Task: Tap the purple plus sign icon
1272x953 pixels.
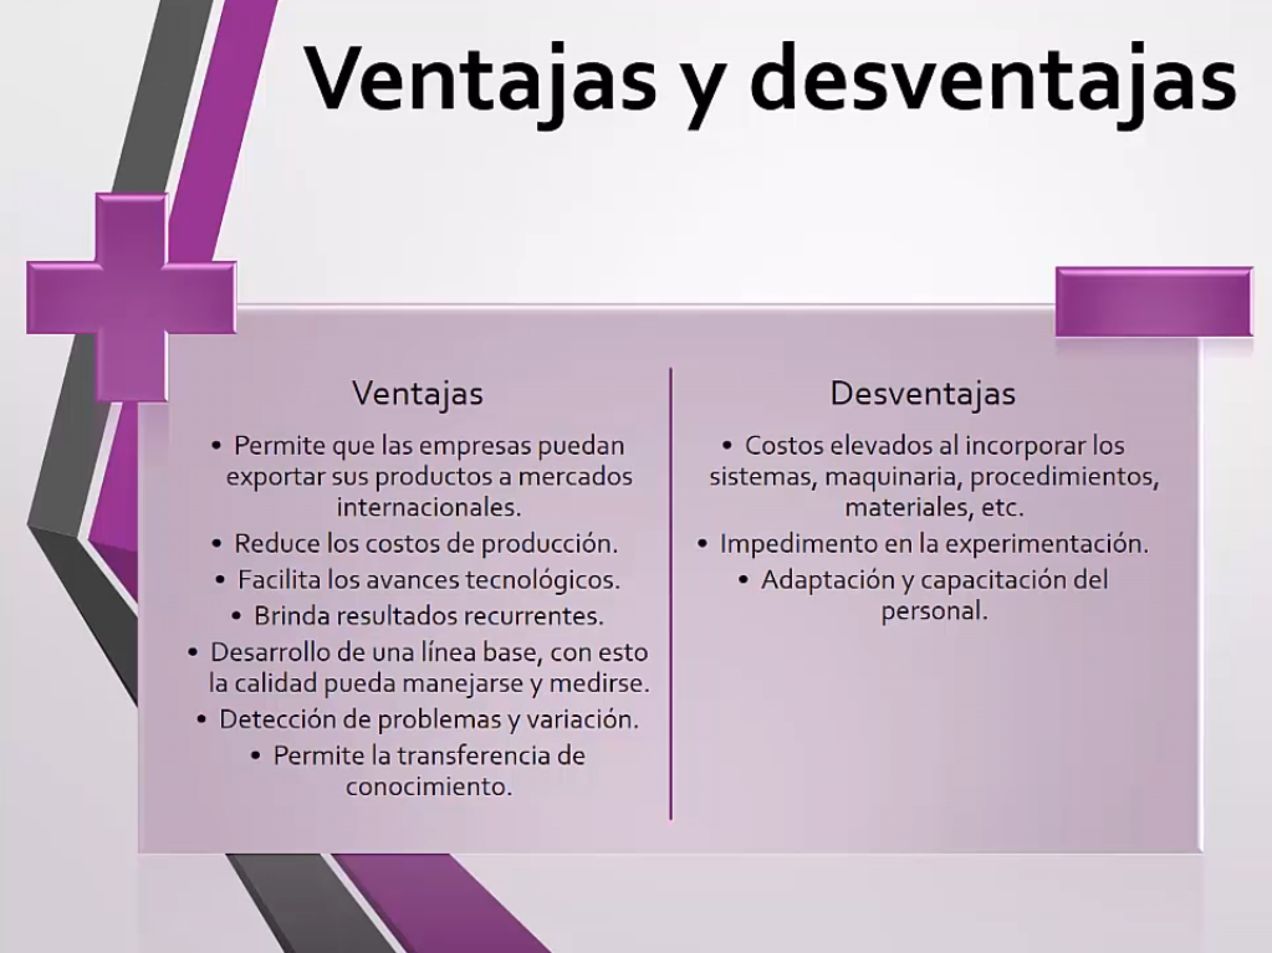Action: pyautogui.click(x=131, y=297)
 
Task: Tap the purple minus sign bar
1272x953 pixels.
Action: pyautogui.click(x=1154, y=302)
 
